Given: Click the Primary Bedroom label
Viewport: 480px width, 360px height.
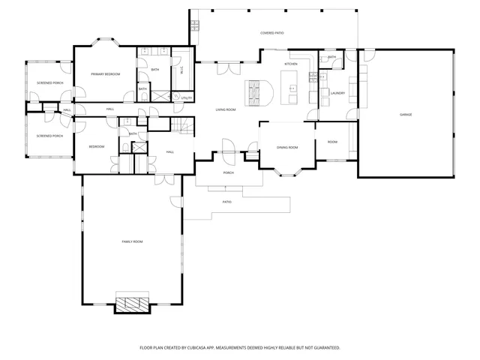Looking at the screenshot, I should (x=106, y=74).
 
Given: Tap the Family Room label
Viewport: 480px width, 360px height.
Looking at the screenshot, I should (x=133, y=241).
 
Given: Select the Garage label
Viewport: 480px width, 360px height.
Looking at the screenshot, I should (x=406, y=114).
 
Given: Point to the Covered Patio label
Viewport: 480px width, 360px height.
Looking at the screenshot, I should (x=271, y=34).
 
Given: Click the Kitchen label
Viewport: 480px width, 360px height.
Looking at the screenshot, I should (x=291, y=64).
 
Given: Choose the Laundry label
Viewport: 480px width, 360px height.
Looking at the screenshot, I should (x=337, y=94).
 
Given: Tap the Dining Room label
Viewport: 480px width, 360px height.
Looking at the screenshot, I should (x=287, y=148).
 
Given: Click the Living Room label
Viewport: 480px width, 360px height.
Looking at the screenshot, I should (x=226, y=110).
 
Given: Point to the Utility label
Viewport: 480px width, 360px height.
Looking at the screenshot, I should (x=187, y=98).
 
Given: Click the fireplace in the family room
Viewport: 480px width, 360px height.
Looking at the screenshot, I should (x=133, y=303).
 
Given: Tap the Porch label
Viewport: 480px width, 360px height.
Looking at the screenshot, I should (x=229, y=172).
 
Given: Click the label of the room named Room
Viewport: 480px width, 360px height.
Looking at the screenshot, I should (x=332, y=142).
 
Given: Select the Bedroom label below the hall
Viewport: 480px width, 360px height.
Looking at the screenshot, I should (x=97, y=146).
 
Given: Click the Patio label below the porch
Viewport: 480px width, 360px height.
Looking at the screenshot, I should (x=226, y=202).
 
